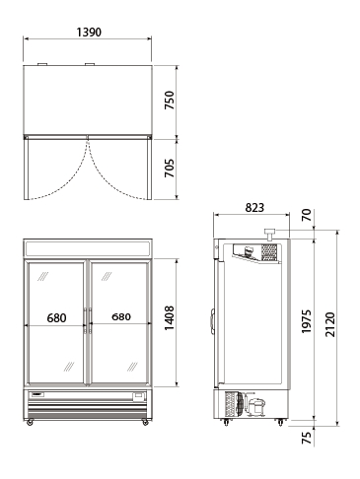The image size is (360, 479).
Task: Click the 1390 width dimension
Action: point(89,33)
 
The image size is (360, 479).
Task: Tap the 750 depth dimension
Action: point(170,101)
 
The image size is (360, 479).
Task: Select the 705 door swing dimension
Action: point(170,169)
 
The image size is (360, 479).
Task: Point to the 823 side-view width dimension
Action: point(254,208)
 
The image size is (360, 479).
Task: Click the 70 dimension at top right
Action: point(306,215)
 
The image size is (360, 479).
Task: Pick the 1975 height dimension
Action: point(306,321)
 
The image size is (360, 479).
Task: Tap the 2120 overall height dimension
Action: point(330,324)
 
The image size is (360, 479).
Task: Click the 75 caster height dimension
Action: point(306,438)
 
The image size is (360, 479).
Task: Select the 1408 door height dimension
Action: point(170,318)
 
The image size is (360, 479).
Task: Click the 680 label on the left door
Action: point(56,318)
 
